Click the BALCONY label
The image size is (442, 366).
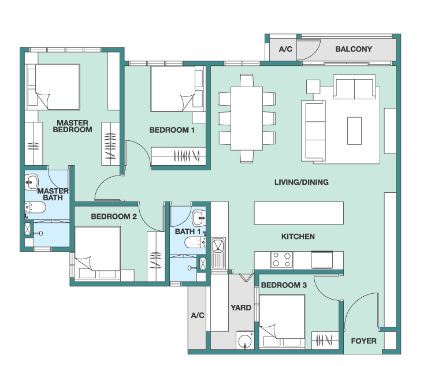(354, 49)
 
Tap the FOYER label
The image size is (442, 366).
(363, 341)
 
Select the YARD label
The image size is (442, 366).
(241, 307)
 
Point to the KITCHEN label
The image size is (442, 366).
(298, 236)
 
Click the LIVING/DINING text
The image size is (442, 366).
(302, 182)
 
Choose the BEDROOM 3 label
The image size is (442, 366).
(284, 285)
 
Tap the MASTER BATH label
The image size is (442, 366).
(53, 195)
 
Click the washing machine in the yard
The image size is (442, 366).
(245, 340)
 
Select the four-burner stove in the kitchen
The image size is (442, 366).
(281, 260)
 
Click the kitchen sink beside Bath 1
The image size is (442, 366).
(218, 253)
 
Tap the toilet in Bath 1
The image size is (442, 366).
(195, 242)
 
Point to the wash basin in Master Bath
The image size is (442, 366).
(31, 182)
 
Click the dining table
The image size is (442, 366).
(247, 118)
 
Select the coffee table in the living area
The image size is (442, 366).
(354, 130)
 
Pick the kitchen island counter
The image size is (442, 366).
(299, 213)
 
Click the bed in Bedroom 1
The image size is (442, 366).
(173, 89)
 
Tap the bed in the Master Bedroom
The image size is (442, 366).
(57, 87)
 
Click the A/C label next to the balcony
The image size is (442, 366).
(285, 49)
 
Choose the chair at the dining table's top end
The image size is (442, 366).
(247, 80)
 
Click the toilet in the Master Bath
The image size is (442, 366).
(35, 208)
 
